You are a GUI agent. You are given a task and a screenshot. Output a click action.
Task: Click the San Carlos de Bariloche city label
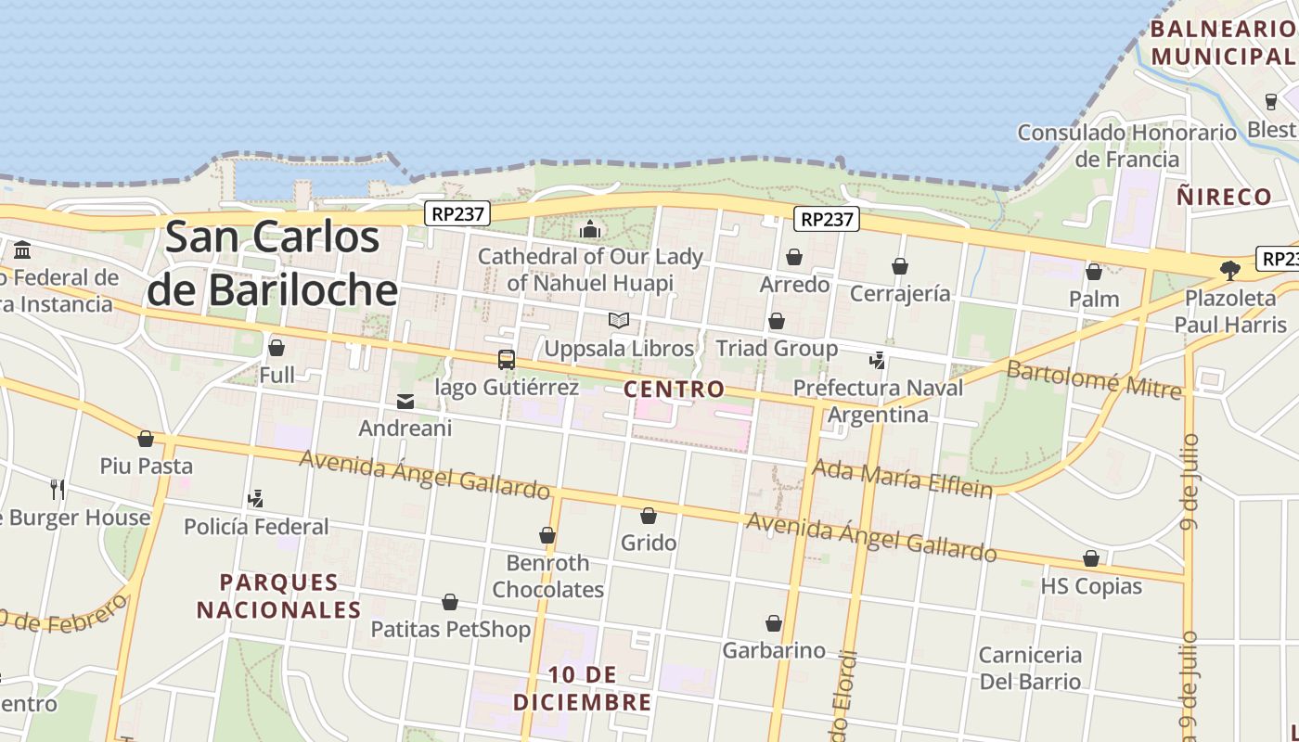click(x=273, y=263)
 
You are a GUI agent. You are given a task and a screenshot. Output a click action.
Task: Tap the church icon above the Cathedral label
click(x=590, y=229)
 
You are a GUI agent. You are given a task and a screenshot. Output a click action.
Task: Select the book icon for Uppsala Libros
click(x=619, y=321)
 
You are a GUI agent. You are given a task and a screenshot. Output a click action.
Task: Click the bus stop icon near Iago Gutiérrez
click(x=506, y=360)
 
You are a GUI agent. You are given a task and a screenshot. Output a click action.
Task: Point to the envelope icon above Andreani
click(x=405, y=402)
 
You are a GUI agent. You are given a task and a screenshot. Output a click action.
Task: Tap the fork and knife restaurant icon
click(x=58, y=489)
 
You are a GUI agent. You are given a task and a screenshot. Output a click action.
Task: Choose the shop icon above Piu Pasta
click(x=146, y=439)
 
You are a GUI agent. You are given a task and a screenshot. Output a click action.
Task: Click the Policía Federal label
click(x=256, y=527)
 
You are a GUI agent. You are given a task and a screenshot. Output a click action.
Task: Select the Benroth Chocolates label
click(x=547, y=576)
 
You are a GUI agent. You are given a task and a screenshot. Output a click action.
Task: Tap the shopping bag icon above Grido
click(x=649, y=516)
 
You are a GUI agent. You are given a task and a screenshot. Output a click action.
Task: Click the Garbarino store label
click(x=774, y=650)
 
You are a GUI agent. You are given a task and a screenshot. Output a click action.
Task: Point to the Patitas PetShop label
click(x=451, y=629)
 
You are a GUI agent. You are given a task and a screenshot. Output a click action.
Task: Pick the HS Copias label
click(x=1091, y=586)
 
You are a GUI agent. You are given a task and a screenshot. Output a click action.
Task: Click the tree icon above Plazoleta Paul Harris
click(x=1230, y=271)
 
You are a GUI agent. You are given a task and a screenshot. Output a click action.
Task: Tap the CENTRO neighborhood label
click(x=674, y=389)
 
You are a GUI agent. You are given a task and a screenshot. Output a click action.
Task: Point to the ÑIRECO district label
click(x=1224, y=197)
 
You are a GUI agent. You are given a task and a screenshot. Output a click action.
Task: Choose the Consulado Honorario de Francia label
click(x=1127, y=146)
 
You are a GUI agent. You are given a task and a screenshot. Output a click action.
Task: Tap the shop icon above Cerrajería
click(x=900, y=267)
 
